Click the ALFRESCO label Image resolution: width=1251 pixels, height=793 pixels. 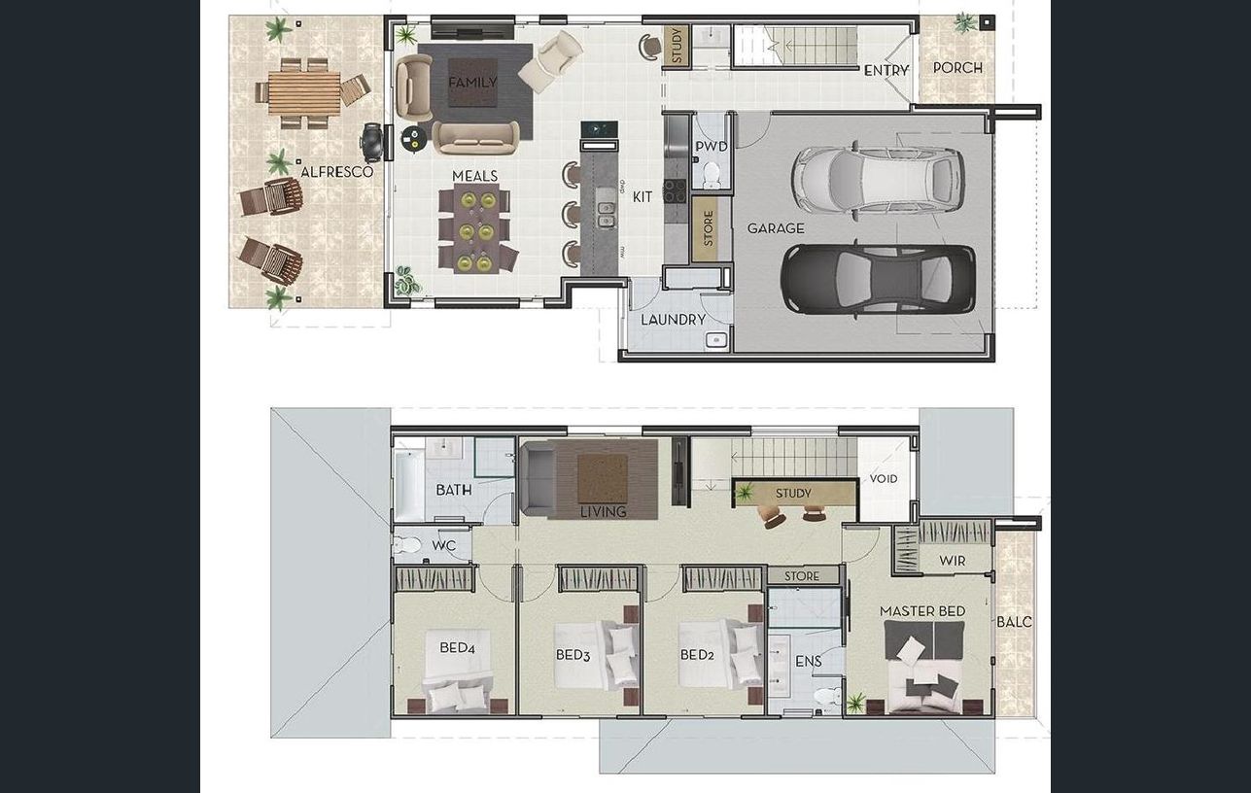[x=336, y=171]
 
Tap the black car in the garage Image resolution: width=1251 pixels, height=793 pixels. [x=878, y=279]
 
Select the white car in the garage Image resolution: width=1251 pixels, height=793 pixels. [x=878, y=177]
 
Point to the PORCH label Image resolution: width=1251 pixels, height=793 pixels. [x=957, y=68]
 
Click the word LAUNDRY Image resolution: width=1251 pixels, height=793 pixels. [x=673, y=320]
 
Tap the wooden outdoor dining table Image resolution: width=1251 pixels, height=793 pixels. [x=304, y=92]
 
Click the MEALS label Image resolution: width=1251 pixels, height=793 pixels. [x=474, y=177]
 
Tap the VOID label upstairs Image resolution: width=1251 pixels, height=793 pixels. [x=884, y=478]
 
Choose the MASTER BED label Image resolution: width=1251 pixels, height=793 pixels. [x=922, y=611]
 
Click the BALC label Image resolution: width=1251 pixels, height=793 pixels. [x=1014, y=622]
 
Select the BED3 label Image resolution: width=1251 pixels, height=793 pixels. [x=573, y=655]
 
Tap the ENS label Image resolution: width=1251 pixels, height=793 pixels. [x=808, y=662]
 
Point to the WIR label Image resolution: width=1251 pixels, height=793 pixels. [x=953, y=561]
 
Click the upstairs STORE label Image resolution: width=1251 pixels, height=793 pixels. [x=802, y=576]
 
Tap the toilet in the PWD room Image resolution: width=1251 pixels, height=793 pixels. [x=712, y=175]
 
